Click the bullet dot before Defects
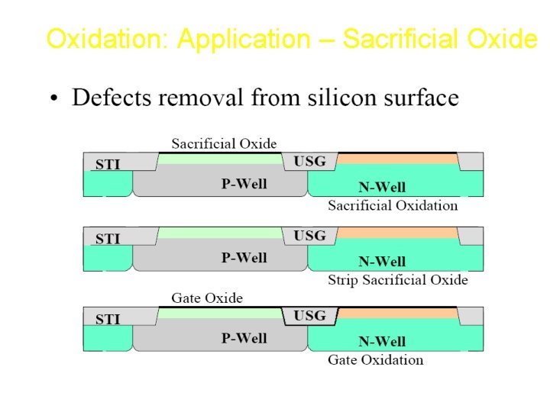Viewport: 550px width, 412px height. coord(53,99)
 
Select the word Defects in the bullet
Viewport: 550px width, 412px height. coord(111,98)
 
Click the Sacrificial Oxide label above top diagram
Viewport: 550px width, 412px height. coord(224,143)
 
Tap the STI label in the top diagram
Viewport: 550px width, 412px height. coord(108,164)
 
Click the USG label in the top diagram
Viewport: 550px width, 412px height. coord(309,161)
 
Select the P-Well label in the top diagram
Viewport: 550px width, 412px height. coord(244,184)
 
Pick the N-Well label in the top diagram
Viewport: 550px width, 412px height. coord(382,187)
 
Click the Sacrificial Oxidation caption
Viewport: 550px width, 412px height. coord(393,205)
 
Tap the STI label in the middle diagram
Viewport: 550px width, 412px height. coord(108,239)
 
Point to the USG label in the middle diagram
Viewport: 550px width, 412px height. coord(309,236)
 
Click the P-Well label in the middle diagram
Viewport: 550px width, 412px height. coord(244,258)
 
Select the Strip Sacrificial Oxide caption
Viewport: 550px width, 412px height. coord(397,280)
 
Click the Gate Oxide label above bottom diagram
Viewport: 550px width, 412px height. coord(207,298)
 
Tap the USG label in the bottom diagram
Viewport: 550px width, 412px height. coord(309,315)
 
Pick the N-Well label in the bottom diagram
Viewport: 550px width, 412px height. coord(382,341)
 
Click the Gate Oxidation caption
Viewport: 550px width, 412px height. coord(375,359)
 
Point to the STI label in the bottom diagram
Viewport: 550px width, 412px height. coord(108,319)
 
